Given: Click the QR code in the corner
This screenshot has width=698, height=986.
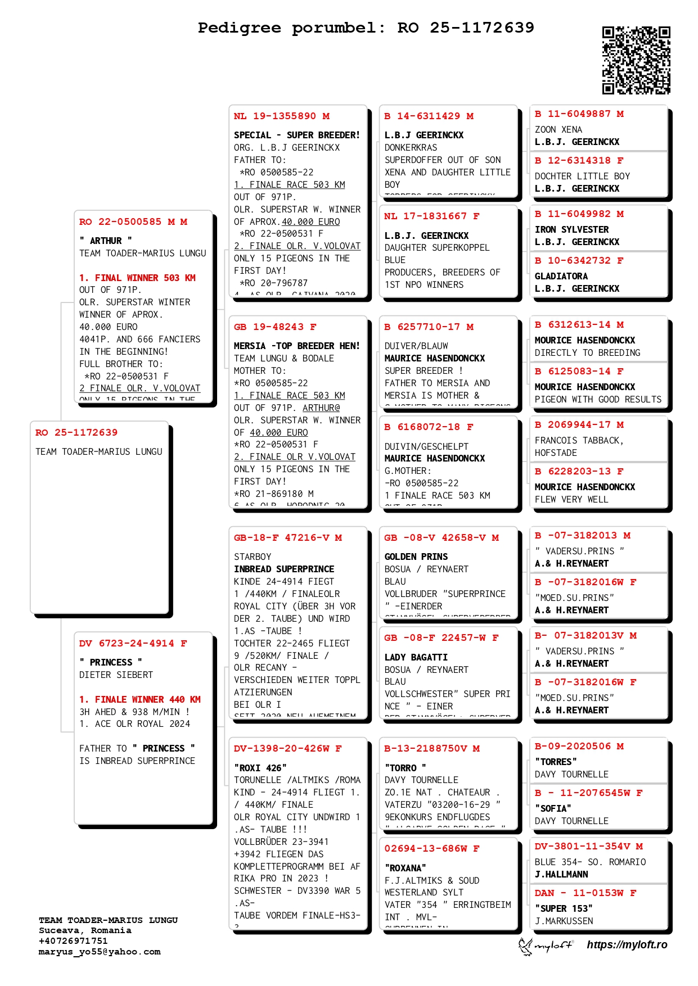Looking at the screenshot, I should tap(636, 60).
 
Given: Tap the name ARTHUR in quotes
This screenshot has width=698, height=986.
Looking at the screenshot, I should tap(106, 241).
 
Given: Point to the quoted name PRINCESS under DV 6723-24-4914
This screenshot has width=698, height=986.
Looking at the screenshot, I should tap(111, 662).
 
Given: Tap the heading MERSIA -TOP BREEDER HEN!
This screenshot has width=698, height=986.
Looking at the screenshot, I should tap(296, 346).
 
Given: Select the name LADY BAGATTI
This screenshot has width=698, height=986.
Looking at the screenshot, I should tap(416, 657).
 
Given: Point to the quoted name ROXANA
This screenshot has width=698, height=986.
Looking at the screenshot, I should tap(405, 868).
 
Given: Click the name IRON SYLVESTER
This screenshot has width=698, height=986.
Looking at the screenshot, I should tap(571, 229).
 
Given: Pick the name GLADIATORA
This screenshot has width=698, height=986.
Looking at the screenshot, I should tap(561, 276).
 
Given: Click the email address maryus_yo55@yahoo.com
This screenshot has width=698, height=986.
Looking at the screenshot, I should tap(100, 952).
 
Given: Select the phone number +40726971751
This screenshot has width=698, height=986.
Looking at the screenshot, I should tap(73, 941).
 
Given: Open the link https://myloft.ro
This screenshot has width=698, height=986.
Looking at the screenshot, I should tap(627, 945).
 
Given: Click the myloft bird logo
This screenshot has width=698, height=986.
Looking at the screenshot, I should tap(525, 946).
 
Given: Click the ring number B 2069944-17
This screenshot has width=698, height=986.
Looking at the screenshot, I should tap(579, 425).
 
